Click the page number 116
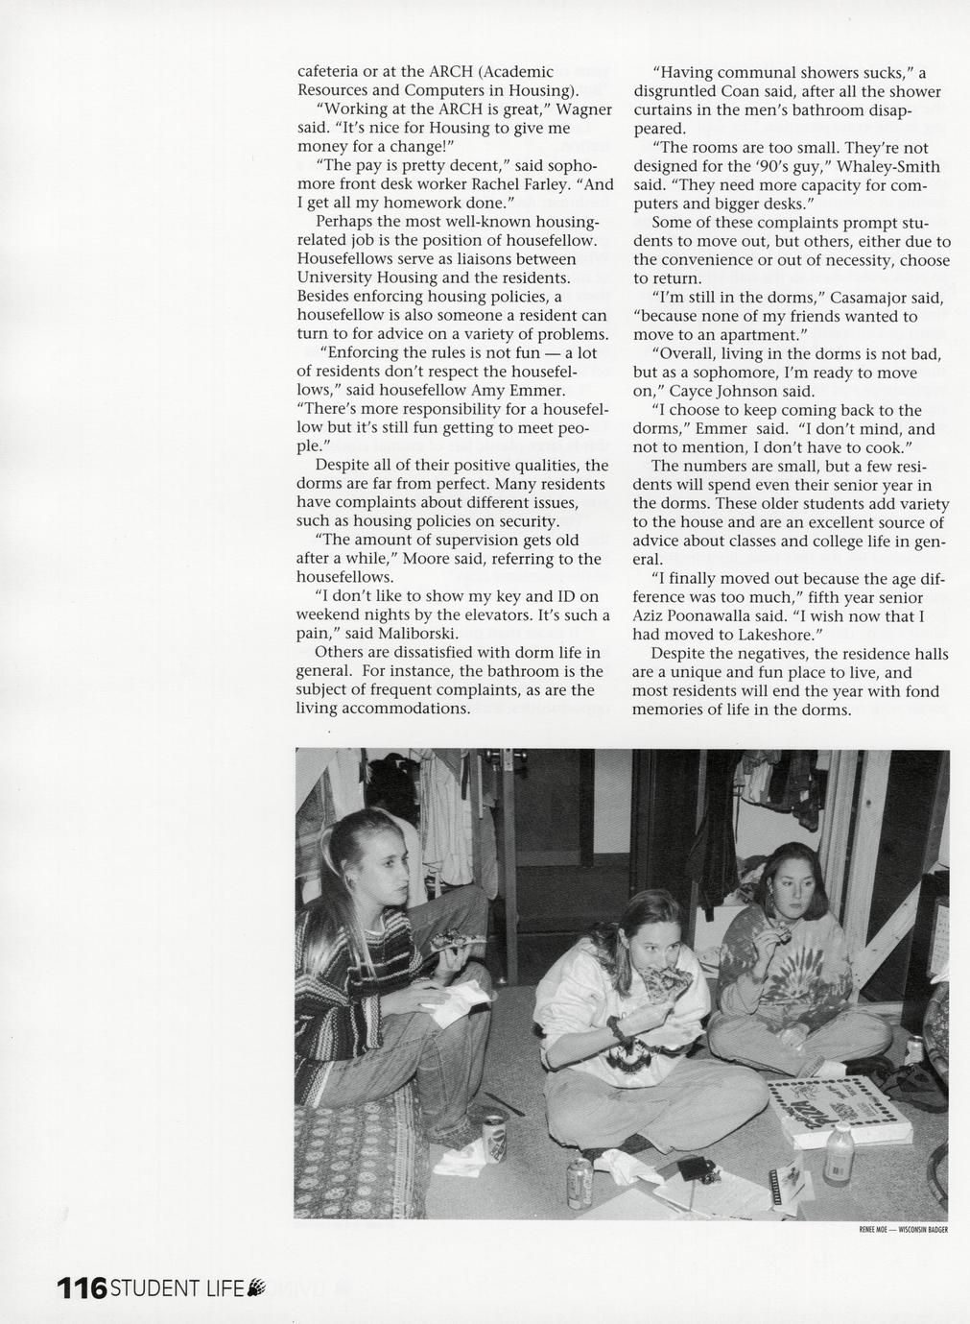coord(82,1288)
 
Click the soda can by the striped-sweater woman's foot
coord(494,1135)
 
